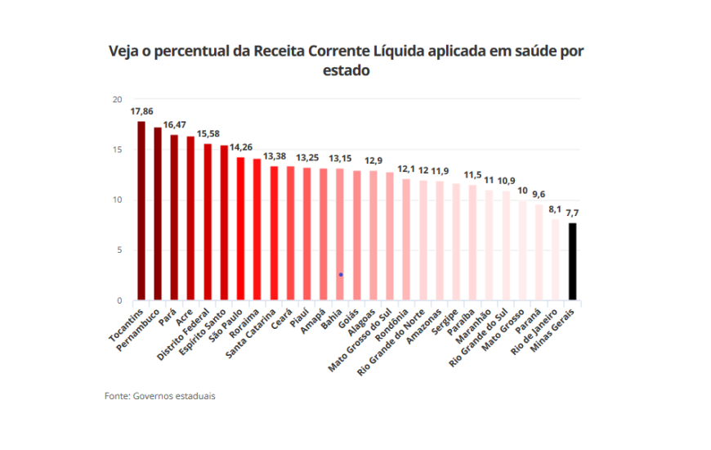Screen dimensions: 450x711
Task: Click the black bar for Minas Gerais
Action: click(x=573, y=262)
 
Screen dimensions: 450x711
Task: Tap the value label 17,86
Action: click(x=141, y=110)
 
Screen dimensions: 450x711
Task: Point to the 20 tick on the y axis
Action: click(x=116, y=99)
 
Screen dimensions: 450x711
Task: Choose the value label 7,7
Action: click(x=574, y=213)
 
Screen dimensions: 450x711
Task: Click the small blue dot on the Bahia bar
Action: click(x=340, y=275)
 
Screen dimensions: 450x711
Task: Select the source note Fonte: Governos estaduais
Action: click(x=160, y=395)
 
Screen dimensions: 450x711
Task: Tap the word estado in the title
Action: click(x=347, y=70)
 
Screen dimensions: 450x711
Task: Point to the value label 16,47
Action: click(x=174, y=124)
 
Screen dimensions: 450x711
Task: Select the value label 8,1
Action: click(x=557, y=209)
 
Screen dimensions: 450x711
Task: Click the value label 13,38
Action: click(x=275, y=156)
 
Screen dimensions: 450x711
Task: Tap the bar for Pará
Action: click(x=174, y=218)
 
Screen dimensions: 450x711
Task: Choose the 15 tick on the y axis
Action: click(x=116, y=150)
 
